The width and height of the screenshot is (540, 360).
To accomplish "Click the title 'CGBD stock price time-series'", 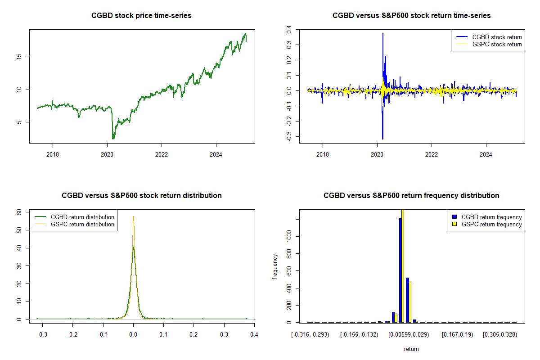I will [141, 16].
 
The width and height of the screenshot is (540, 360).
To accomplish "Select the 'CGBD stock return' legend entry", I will [497, 37].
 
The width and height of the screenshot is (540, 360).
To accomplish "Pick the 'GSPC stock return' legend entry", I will [497, 44].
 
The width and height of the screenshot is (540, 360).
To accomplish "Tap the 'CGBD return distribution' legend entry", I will [82, 217].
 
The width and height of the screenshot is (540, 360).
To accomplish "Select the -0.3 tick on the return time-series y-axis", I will [289, 136].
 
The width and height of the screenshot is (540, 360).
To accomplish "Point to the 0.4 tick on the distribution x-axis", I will [254, 335].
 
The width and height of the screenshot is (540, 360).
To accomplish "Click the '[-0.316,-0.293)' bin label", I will [310, 335].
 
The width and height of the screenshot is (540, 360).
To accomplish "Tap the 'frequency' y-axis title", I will [275, 267].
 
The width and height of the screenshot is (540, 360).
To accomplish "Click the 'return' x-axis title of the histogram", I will [411, 349].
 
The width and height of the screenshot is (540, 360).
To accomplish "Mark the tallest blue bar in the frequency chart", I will [400, 270].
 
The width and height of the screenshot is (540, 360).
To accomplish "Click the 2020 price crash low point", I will [113, 139].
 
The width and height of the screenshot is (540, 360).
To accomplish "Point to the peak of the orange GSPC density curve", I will [134, 216].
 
